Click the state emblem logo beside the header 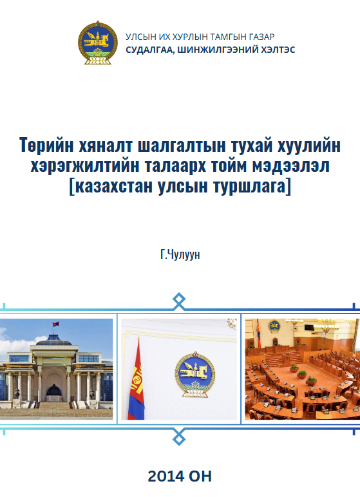point(98,42)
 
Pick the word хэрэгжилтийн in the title point(85,166)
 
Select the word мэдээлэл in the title point(291,166)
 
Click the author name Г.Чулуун point(180,254)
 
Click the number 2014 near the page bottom point(166,476)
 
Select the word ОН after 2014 point(200,476)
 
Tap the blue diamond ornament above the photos point(179,301)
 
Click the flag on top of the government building point(56,324)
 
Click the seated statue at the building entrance point(54,389)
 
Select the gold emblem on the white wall point(194,374)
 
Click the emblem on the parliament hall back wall point(274,326)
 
